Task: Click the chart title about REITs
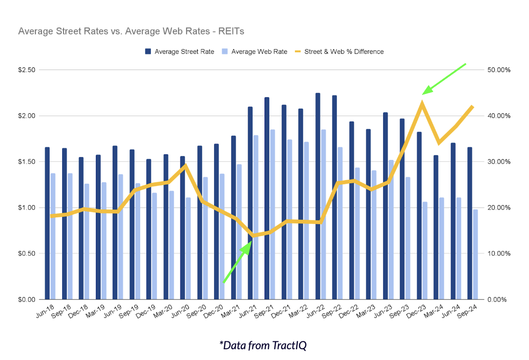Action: point(131,31)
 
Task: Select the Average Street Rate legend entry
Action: point(180,51)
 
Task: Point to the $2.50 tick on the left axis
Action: point(27,70)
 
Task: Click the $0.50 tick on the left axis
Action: point(27,253)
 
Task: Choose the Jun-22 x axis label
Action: point(316,312)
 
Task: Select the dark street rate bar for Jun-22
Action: point(318,196)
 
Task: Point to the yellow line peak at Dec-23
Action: point(422,103)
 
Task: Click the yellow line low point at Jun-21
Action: point(253,235)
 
